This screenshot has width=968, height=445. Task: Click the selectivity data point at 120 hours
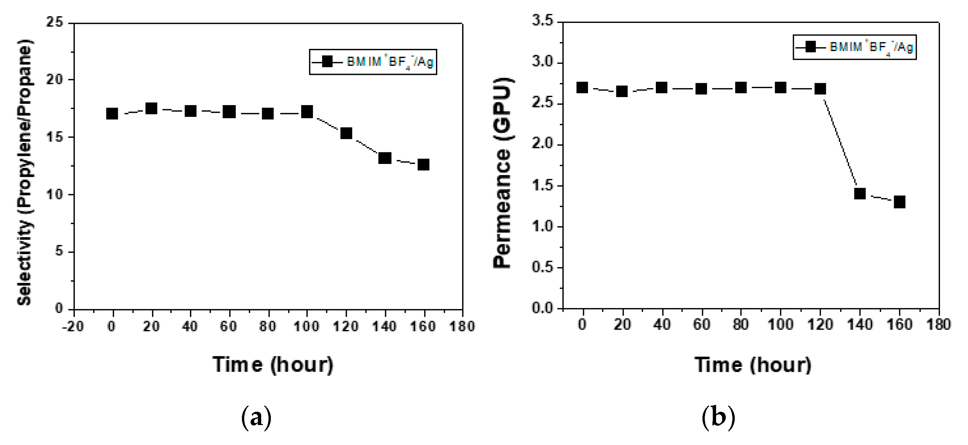346,133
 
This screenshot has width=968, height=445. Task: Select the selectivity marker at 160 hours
424,165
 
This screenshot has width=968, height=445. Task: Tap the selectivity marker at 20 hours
151,108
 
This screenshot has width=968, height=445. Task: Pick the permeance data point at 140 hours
860,194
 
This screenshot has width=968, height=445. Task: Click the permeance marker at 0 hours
582,87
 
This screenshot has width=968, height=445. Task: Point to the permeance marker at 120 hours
820,88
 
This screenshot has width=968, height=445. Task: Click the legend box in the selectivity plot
373,62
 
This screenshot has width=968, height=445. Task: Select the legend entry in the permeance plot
855,47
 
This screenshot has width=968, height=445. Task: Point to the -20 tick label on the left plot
73,326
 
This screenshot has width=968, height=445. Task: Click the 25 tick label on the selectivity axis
54,23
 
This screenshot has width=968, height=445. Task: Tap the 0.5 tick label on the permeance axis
543,267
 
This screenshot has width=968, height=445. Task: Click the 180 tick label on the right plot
939,324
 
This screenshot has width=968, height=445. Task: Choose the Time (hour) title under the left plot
273,365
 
